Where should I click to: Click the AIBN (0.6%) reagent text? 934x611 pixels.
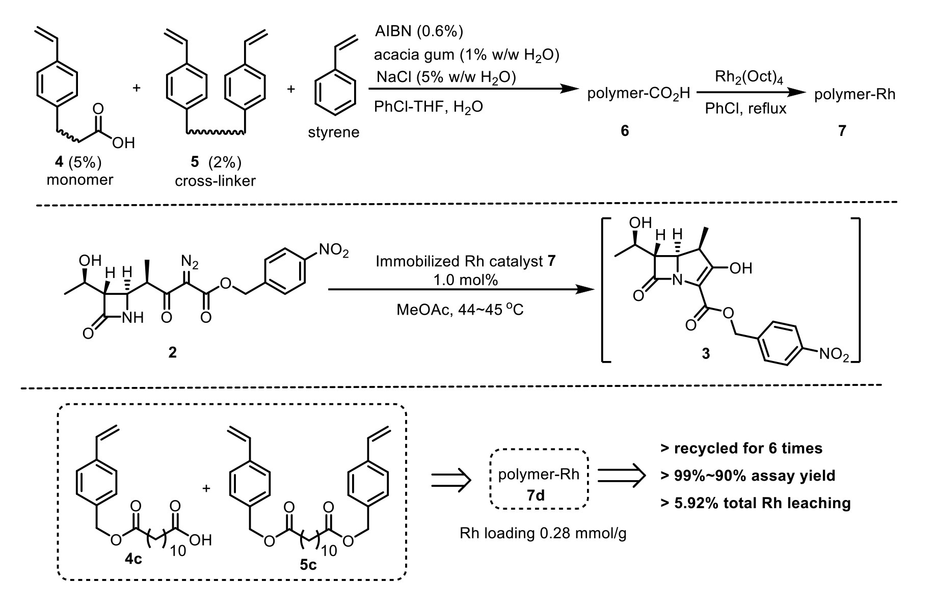coord(419,32)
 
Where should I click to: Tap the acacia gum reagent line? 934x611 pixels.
coord(466,54)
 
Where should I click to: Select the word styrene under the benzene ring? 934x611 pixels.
coord(334,132)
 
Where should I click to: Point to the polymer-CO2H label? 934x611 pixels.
coord(638,94)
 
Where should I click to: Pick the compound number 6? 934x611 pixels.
coord(625,131)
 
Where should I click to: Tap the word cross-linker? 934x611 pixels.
coord(215,181)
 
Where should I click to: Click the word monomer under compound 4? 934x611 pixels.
coord(80,180)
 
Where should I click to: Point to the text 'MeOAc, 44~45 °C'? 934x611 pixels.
coord(460,309)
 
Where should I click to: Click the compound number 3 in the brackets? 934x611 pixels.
coord(706,353)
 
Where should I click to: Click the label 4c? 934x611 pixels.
coord(134,560)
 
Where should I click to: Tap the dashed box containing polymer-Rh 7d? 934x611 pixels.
coord(539,479)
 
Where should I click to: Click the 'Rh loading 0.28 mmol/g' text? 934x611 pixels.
coord(543,534)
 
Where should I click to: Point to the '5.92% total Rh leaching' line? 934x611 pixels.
coord(755,503)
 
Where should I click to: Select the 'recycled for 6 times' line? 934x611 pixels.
coord(741,448)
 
